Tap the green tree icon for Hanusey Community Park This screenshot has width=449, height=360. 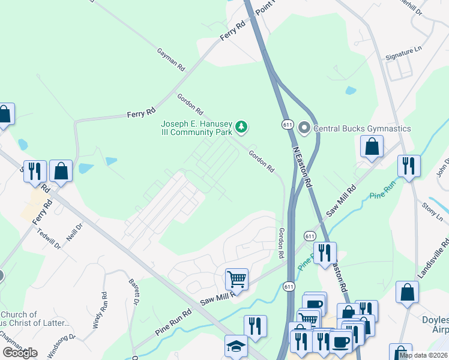[x=241, y=127]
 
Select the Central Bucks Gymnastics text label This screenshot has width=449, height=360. [x=362, y=128]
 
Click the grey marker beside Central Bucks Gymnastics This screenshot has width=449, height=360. [x=304, y=128]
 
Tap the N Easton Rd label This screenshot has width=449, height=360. [x=302, y=164]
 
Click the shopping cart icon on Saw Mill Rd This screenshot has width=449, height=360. [x=237, y=279]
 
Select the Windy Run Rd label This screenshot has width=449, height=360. [x=100, y=310]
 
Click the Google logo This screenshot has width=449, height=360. [x=20, y=352]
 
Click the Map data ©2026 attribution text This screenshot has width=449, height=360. [x=423, y=355]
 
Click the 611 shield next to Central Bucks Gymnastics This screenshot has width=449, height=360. [x=287, y=124]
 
